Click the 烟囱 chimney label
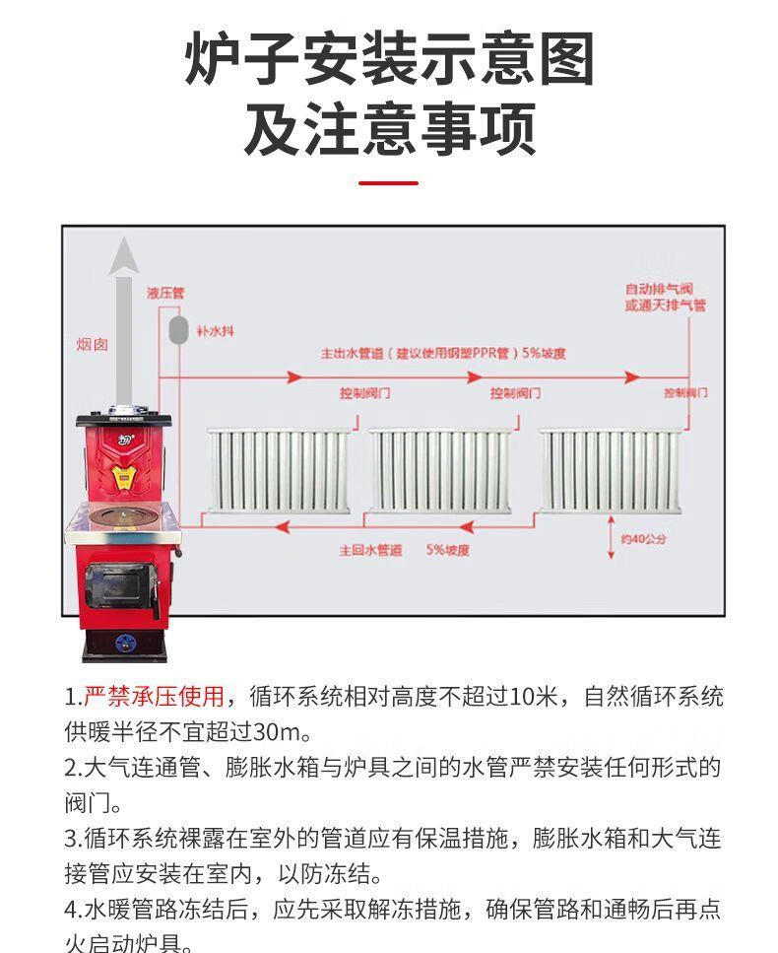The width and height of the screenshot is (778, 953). [93, 344]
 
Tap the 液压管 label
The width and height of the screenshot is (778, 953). [165, 293]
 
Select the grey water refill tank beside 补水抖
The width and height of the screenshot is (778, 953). [177, 328]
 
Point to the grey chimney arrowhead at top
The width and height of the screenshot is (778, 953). [124, 257]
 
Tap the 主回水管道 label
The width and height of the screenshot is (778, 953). [370, 550]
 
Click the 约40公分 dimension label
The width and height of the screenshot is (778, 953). [644, 540]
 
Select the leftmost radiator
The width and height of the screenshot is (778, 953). [279, 471]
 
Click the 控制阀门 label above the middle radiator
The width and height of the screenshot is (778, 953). [515, 393]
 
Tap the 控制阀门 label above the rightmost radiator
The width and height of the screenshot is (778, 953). [685, 392]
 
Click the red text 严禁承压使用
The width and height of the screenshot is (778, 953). [154, 698]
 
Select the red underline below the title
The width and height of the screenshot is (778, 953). [388, 182]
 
